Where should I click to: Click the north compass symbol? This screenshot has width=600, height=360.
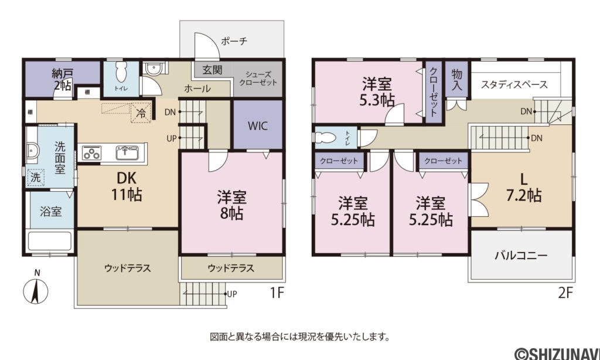tap(36, 290)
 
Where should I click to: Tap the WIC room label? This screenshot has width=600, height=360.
tap(257, 125)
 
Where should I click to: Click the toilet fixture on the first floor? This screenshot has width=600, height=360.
tap(121, 73)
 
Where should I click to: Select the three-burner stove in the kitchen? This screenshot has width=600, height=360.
tap(93, 154)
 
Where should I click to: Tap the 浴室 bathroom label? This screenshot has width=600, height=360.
tap(50, 210)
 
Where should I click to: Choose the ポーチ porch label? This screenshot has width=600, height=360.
tap(234, 41)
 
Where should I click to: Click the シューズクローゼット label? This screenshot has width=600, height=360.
tap(258, 79)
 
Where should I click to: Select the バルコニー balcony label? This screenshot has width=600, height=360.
tap(520, 256)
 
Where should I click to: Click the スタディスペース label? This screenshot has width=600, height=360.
tap(514, 84)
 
